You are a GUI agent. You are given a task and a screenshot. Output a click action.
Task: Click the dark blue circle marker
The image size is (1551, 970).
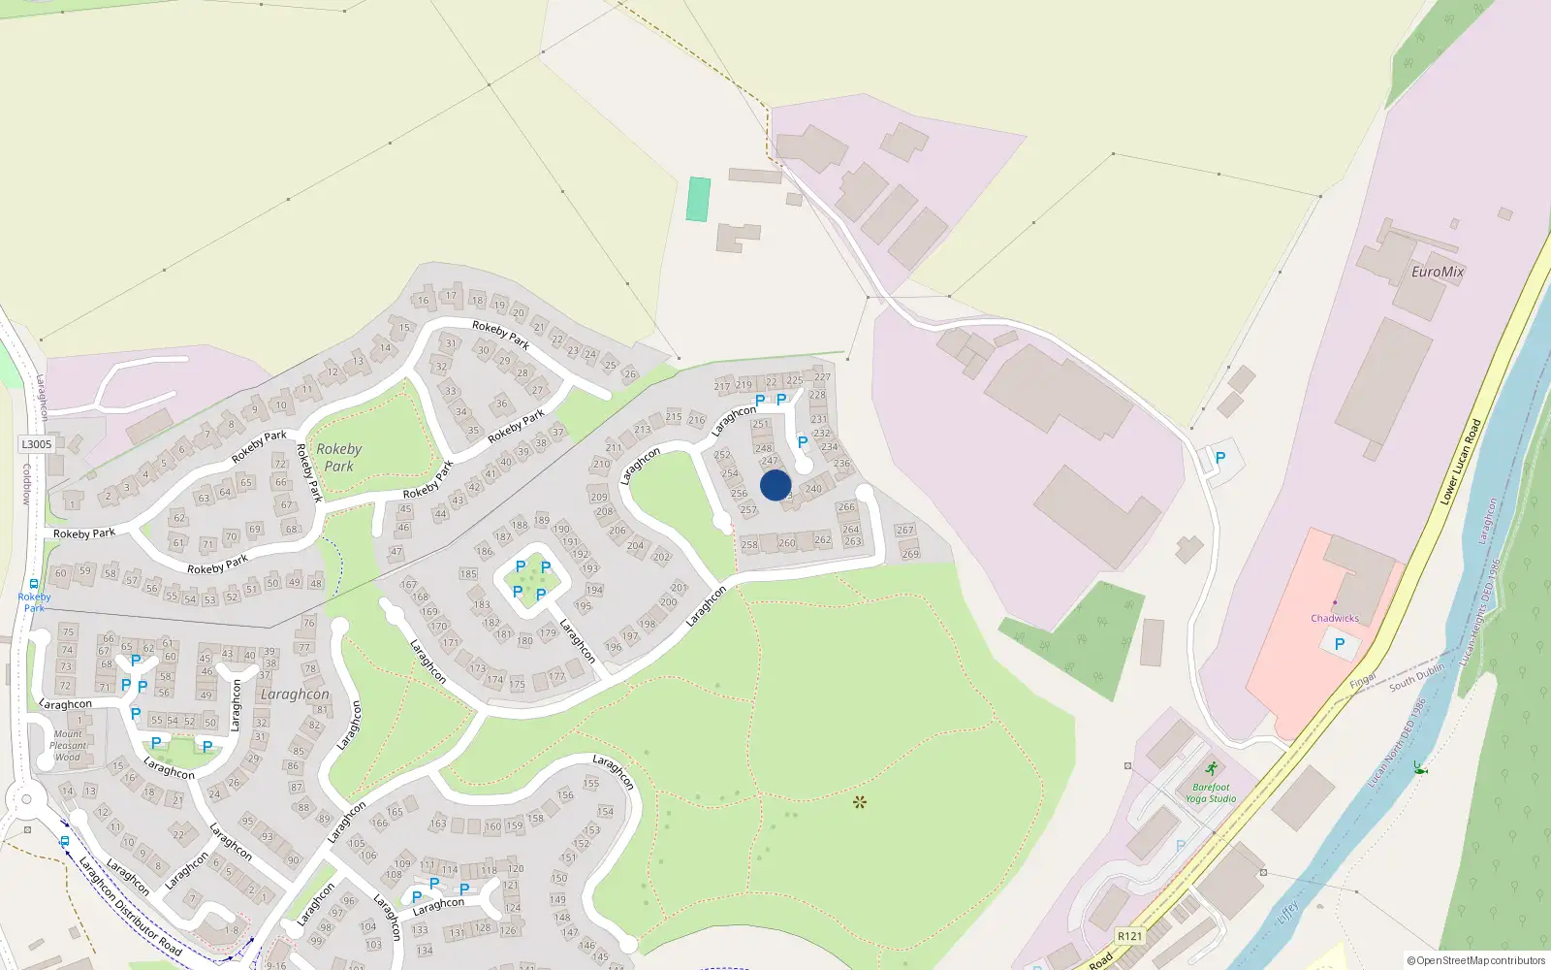(x=775, y=485)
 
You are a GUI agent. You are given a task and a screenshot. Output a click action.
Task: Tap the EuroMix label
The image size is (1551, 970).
(x=1438, y=272)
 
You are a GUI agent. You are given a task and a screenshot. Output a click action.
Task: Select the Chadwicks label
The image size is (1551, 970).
(x=1335, y=618)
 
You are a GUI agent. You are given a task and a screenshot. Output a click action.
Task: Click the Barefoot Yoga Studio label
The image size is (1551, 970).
(x=1211, y=793)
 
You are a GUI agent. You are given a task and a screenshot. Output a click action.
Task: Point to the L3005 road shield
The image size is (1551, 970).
(x=37, y=444)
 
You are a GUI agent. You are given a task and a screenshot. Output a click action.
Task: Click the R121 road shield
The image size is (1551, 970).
(x=1129, y=936)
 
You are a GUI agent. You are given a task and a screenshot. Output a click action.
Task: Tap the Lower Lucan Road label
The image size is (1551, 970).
(x=1461, y=462)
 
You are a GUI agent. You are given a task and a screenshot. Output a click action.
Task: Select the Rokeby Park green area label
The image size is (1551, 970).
(x=338, y=457)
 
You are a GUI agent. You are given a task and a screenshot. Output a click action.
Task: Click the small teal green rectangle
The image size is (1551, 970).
(x=698, y=199)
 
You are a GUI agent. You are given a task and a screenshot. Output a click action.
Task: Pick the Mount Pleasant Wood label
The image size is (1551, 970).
(x=68, y=745)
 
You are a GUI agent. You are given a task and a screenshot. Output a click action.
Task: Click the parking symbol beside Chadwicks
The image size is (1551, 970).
(x=1340, y=643)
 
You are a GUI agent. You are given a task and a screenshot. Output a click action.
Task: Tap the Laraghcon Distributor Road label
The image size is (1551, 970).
(x=130, y=906)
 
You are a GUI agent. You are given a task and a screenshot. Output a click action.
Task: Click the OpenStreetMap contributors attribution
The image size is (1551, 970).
(x=1475, y=960)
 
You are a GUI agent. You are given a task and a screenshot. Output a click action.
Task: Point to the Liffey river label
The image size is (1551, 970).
(x=1287, y=912)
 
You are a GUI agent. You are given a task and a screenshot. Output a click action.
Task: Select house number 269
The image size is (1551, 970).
(x=910, y=554)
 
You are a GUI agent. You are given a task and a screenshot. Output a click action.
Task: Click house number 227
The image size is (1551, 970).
(x=822, y=376)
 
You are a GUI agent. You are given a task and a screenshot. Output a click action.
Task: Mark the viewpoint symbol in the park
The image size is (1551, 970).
(x=859, y=801)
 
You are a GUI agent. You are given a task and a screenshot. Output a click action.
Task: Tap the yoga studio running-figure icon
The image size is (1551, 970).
(x=1211, y=768)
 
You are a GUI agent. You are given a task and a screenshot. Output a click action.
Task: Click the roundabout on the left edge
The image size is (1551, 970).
(x=23, y=801)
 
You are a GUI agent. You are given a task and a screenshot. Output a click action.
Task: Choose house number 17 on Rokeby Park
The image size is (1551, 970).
(x=451, y=296)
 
